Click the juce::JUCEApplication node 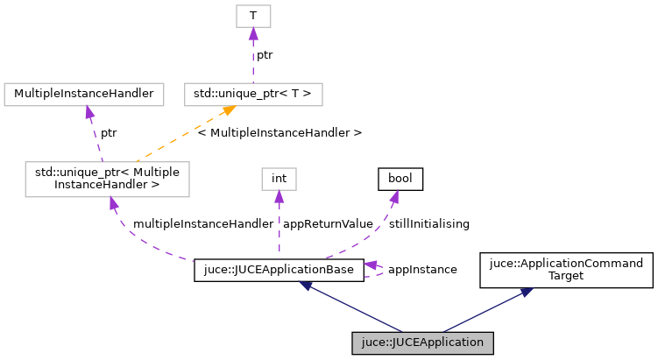pyautogui.click(x=423, y=343)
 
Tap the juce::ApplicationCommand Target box pyautogui.click(x=566, y=271)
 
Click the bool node pyautogui.click(x=400, y=179)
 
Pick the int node pyautogui.click(x=279, y=179)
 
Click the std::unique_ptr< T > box pyautogui.click(x=253, y=94)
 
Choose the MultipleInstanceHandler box pyautogui.click(x=84, y=94)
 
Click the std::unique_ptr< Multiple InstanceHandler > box pyautogui.click(x=108, y=179)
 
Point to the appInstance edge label pyautogui.click(x=421, y=270)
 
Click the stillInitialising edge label pyautogui.click(x=428, y=224)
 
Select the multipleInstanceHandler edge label pyautogui.click(x=202, y=224)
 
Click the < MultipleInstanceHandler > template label pyautogui.click(x=279, y=133)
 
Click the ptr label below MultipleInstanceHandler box pyautogui.click(x=108, y=133)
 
